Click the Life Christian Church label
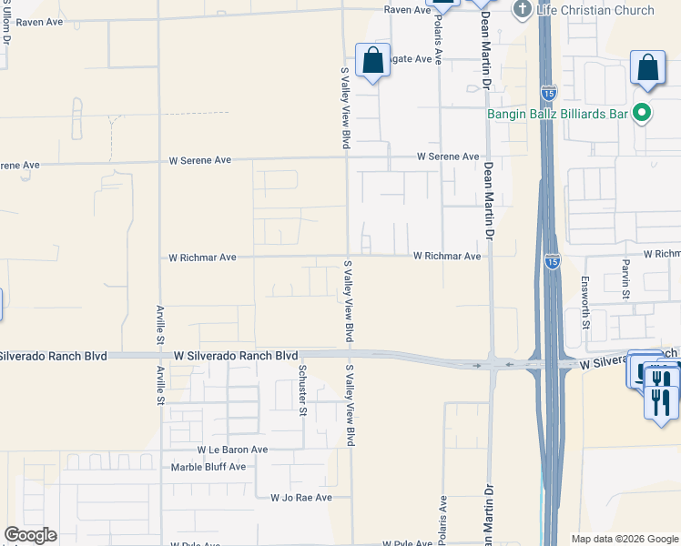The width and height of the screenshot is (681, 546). pos(595,10)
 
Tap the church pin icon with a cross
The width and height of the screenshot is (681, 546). pos(523,10)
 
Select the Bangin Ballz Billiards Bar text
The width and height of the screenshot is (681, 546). pos(559,114)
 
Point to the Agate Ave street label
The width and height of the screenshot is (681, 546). pos(410,58)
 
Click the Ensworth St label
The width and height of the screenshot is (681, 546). pos(586,302)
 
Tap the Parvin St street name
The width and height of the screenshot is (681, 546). pos(626,277)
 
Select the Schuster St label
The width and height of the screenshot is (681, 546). pos(302,389)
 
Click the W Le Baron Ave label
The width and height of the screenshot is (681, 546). pos(232,450)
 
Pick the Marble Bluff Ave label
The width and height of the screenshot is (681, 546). pos(208,467)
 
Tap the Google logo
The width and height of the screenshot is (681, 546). pos(30,535)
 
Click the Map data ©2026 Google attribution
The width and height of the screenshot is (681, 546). pos(625,539)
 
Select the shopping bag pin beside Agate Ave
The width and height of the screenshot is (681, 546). pos(372,62)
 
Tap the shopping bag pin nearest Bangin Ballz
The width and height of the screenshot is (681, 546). pos(647,68)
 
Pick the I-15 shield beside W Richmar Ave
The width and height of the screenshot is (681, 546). pos(553,261)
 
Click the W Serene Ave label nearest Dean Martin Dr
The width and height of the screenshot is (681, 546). pos(448,157)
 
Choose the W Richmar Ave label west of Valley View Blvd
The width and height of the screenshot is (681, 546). pos(202,258)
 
